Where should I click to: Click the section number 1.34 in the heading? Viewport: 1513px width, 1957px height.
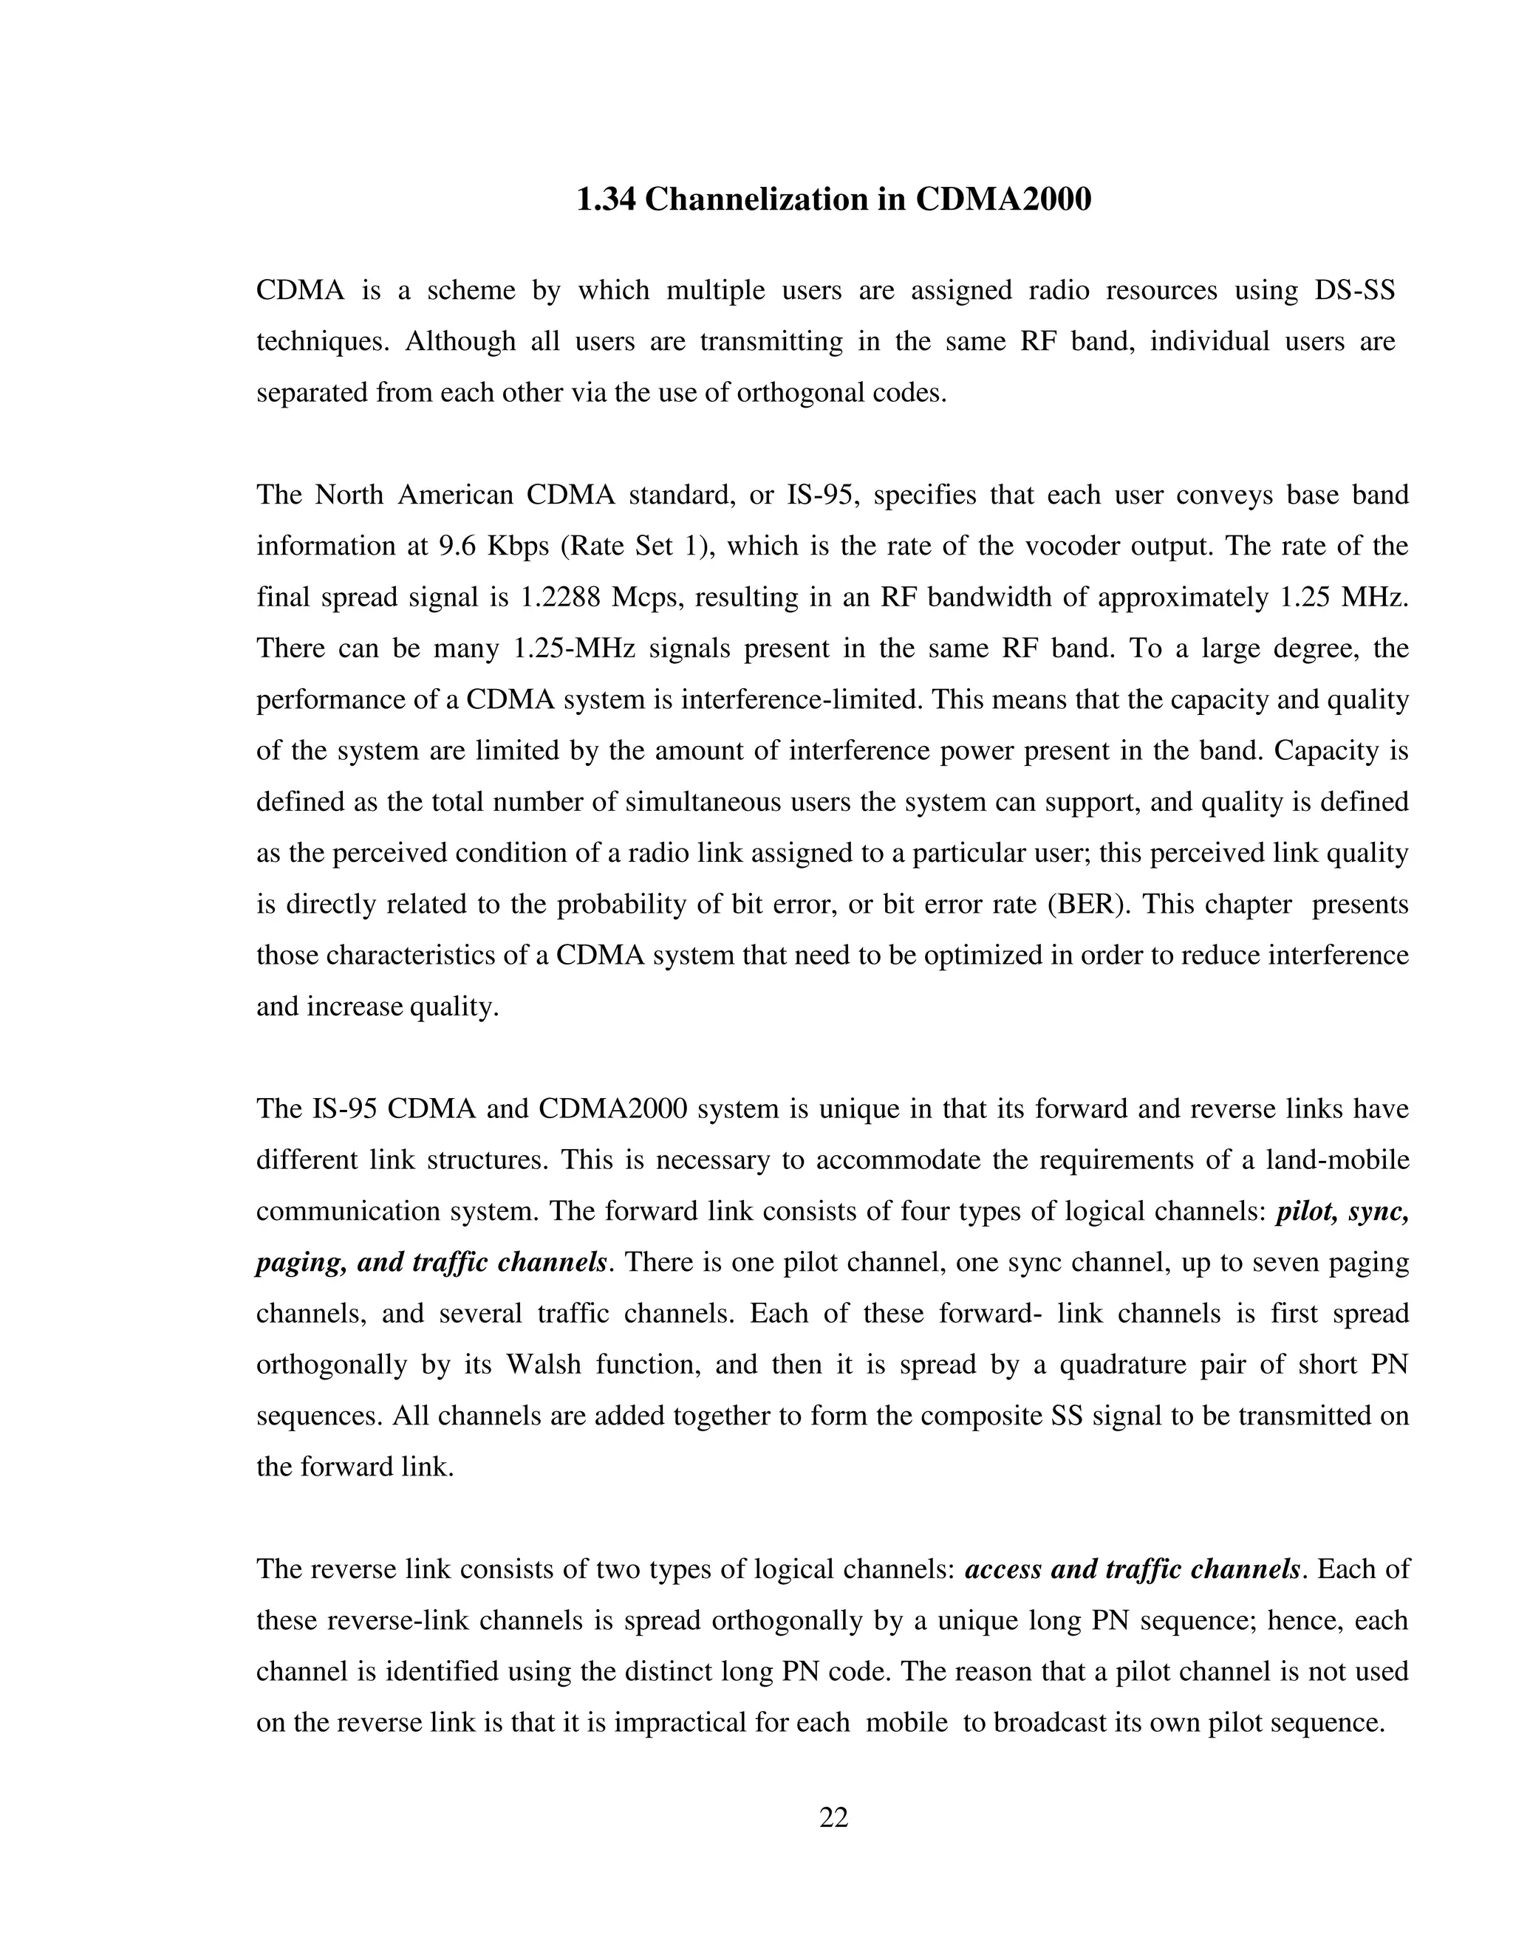click(605, 199)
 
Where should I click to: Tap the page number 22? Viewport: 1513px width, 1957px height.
click(833, 1817)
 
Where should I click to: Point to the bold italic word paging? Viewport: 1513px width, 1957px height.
click(300, 1263)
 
